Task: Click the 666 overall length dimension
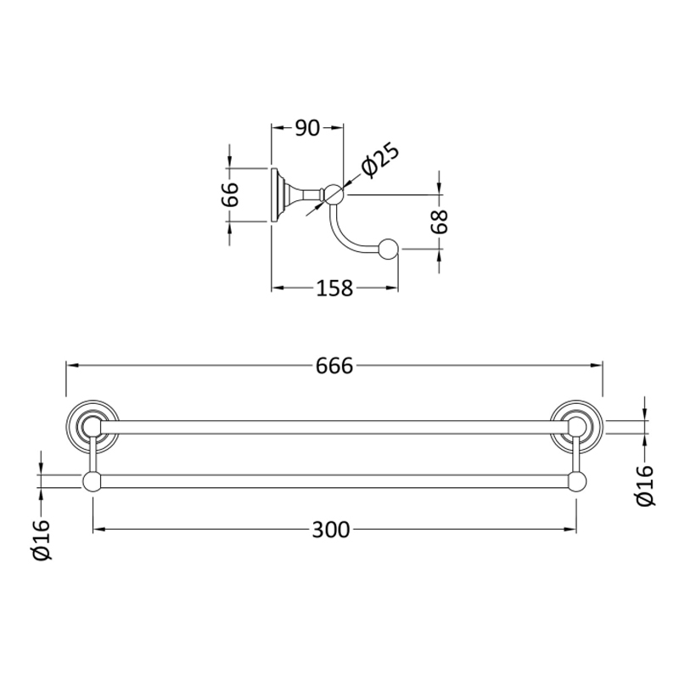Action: click(334, 366)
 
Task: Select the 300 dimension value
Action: click(331, 530)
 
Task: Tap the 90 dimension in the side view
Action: click(307, 128)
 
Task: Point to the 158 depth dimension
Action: click(334, 288)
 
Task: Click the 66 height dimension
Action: click(230, 195)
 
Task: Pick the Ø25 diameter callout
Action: click(380, 160)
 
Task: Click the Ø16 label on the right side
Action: click(645, 485)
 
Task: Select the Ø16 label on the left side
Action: click(42, 540)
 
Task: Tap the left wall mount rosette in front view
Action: click(93, 427)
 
